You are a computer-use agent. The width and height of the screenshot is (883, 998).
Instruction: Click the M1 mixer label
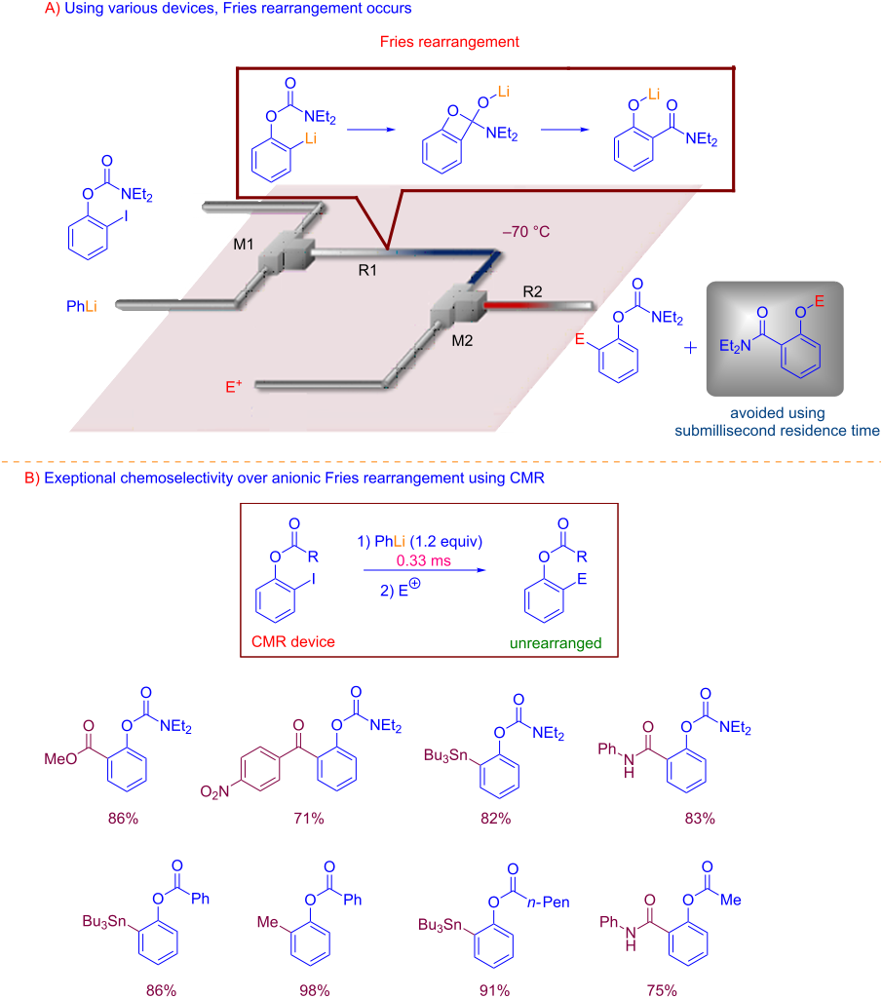pyautogui.click(x=244, y=244)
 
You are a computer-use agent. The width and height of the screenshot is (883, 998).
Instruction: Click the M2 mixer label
pyautogui.click(x=462, y=340)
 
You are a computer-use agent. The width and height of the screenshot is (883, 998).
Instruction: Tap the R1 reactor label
pyautogui.click(x=367, y=271)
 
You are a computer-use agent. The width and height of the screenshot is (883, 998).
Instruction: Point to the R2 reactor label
pyautogui.click(x=532, y=291)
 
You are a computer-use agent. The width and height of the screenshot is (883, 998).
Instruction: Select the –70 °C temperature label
pyautogui.click(x=526, y=232)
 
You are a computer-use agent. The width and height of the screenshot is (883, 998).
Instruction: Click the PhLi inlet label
pyautogui.click(x=82, y=306)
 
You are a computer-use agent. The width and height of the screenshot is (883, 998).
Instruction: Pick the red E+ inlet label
pyautogui.click(x=234, y=386)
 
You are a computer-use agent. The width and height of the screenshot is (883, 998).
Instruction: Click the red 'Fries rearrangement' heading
pyautogui.click(x=449, y=42)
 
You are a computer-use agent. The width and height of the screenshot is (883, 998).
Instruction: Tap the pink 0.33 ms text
pyautogui.click(x=423, y=560)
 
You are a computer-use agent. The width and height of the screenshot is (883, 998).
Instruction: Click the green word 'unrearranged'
pyautogui.click(x=556, y=643)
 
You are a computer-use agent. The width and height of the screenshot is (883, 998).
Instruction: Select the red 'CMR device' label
pyautogui.click(x=292, y=641)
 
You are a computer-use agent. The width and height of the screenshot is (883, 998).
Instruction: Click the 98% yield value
pyautogui.click(x=315, y=990)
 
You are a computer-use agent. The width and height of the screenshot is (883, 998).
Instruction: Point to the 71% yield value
pyautogui.click(x=309, y=819)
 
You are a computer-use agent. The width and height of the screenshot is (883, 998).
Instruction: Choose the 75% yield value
pyautogui.click(x=662, y=990)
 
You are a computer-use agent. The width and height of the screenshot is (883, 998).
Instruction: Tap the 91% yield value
pyautogui.click(x=495, y=990)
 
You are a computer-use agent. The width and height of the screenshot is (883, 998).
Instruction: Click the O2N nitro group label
pyautogui.click(x=214, y=791)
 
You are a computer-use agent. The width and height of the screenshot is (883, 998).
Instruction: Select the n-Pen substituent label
pyautogui.click(x=548, y=902)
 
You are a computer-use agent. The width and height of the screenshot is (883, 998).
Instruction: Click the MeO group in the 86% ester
pyautogui.click(x=60, y=758)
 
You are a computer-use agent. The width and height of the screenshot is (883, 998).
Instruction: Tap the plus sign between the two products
pyautogui.click(x=690, y=348)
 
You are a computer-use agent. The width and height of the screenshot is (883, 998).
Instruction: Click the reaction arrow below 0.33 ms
pyautogui.click(x=425, y=570)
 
